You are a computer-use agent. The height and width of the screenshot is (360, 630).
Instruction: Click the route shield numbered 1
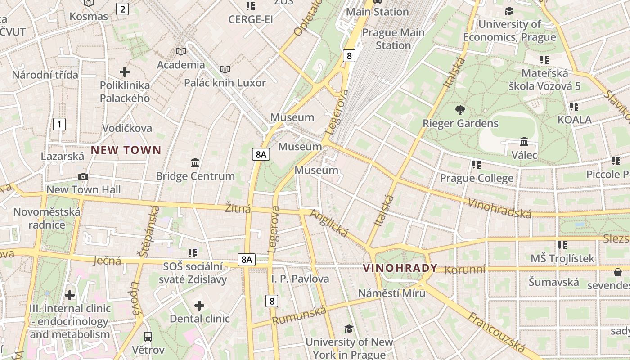[59, 124]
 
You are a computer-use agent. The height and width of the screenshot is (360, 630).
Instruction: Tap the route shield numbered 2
[122, 9]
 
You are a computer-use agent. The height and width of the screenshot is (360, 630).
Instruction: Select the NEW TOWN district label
[126, 150]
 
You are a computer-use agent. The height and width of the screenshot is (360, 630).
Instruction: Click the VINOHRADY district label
[400, 268]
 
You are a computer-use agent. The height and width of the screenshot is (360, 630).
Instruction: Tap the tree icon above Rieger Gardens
[460, 110]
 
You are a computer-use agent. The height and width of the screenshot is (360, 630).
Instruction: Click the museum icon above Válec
[524, 142]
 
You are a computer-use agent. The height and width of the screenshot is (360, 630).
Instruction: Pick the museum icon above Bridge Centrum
[195, 162]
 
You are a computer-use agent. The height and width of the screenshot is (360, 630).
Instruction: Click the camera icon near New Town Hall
[83, 176]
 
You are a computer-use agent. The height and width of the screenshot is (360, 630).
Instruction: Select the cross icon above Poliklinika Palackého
[125, 72]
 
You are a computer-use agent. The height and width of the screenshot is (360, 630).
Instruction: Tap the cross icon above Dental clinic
[199, 306]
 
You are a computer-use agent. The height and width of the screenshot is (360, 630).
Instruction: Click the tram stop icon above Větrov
[148, 336]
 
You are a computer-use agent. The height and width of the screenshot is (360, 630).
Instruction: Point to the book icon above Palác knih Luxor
[225, 69]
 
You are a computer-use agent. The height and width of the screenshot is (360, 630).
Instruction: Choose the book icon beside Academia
[181, 51]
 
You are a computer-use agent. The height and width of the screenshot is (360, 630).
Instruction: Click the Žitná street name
[238, 208]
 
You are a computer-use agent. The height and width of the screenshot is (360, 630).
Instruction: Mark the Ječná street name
[107, 260]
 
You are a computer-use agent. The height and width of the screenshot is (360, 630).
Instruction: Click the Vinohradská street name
[499, 208]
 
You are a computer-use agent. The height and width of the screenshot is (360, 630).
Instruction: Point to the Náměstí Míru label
[391, 293]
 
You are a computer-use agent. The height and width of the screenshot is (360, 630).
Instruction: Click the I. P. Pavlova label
[300, 279]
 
